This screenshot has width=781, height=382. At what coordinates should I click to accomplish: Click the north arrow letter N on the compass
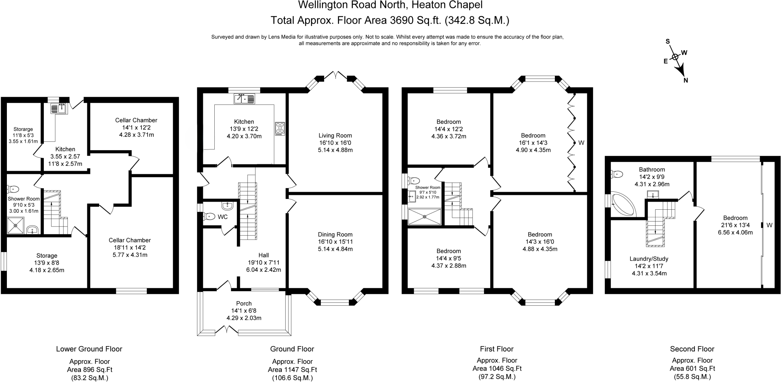coord(686,80)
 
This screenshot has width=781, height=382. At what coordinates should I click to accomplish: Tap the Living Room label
coord(335,135)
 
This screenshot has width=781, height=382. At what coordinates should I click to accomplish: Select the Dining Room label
coord(335,234)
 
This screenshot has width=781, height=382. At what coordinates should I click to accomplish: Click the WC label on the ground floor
coord(223,217)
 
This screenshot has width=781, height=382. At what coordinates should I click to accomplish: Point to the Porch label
coord(244,303)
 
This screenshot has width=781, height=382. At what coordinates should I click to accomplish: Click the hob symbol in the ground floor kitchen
coord(280,128)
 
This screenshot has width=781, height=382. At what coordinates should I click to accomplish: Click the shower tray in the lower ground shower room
coord(16,225)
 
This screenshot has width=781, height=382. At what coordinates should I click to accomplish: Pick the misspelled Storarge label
coord(23,129)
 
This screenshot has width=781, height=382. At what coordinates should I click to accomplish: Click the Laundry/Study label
coord(649,259)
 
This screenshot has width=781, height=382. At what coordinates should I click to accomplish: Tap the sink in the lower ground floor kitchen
coord(59,108)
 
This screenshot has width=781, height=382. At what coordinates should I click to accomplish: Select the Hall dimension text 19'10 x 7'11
coord(264,262)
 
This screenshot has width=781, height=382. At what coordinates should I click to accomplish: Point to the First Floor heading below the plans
coord(497,349)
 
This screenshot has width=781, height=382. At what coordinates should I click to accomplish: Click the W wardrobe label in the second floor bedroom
coord(770,225)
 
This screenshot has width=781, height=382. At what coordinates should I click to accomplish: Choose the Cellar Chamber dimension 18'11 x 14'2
coord(130,247)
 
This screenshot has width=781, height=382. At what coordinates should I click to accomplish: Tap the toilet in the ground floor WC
coord(209,216)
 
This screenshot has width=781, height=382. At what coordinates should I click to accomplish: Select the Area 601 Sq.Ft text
coord(692,369)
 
